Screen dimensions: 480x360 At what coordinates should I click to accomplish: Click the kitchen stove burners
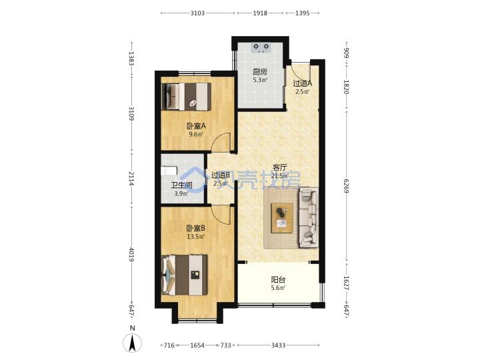261,47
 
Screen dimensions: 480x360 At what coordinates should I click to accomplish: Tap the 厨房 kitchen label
260,72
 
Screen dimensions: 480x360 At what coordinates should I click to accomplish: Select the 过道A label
303,83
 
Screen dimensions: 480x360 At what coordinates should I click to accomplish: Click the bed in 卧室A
187,97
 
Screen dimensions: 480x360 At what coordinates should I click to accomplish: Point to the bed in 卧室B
184,275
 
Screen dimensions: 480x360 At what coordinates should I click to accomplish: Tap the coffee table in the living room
282,217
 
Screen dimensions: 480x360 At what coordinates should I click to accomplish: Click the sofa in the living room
309,217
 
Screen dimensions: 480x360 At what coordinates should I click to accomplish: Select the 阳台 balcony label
278,279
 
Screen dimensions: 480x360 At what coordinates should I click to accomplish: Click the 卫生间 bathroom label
181,185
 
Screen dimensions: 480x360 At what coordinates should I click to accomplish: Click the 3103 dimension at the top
197,13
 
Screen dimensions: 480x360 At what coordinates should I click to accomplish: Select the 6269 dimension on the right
346,186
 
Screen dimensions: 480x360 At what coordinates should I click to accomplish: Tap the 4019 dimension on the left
131,255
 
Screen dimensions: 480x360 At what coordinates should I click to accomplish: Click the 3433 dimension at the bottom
278,345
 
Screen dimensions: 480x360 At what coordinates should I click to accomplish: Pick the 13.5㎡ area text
195,236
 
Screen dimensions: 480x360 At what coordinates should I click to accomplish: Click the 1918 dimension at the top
260,13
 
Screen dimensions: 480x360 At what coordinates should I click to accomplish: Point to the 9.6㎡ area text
196,134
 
